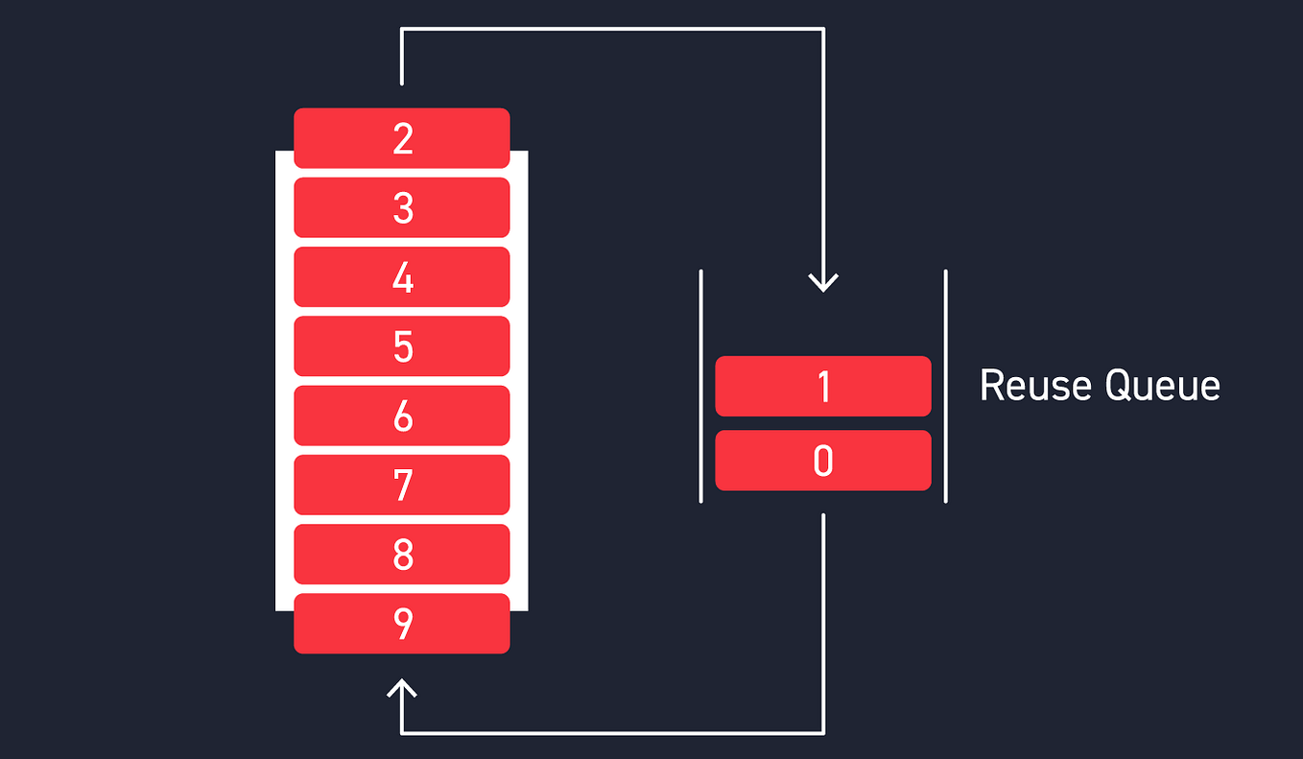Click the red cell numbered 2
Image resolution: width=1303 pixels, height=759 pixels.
pos(401,138)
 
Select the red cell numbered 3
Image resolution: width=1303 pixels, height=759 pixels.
pos(401,207)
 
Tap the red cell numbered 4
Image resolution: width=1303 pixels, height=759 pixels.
pos(401,277)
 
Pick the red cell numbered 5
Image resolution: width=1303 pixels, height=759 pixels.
pos(401,346)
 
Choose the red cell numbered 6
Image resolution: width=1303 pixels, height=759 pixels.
pos(401,415)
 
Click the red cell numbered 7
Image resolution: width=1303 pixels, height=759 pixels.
pos(401,485)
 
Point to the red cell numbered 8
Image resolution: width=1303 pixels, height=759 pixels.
pos(401,554)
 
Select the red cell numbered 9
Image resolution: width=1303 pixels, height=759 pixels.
pos(401,624)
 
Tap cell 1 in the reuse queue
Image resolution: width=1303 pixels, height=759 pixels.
pos(823,387)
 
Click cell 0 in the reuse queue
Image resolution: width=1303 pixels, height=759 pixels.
pos(823,461)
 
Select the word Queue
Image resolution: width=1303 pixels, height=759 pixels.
pos(1163,386)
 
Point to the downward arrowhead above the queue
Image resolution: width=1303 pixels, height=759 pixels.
pos(823,282)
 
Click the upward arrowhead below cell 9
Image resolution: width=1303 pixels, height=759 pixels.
pos(401,688)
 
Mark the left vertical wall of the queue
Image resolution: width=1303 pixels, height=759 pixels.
pos(701,386)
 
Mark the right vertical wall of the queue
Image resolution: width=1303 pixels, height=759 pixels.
pos(946,386)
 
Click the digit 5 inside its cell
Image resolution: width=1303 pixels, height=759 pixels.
pos(403,346)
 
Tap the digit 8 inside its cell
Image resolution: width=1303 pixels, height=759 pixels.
pos(403,554)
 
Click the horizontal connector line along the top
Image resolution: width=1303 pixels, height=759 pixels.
pos(612,30)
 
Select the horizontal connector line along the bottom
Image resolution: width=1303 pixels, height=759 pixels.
pos(612,733)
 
